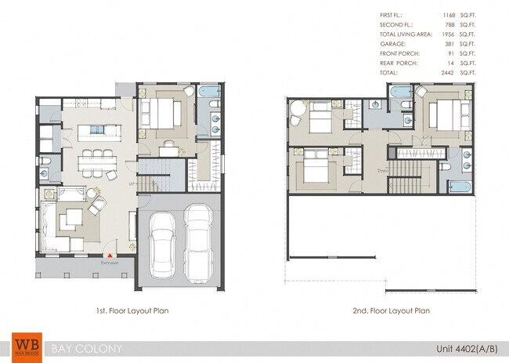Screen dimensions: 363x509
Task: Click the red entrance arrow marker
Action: (x=110, y=255)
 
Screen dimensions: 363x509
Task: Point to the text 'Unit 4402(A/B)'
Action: (x=464, y=347)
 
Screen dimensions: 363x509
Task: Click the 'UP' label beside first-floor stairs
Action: (x=132, y=185)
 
